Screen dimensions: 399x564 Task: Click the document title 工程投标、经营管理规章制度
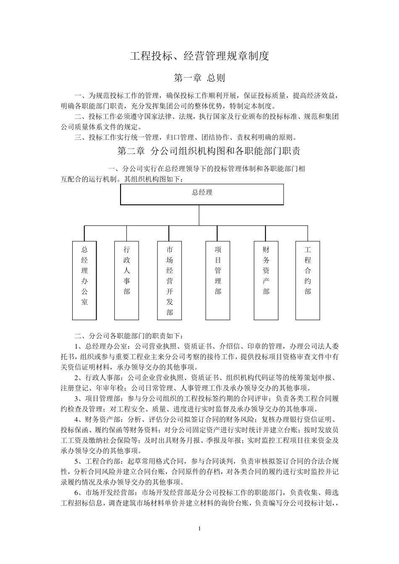pos(199,56)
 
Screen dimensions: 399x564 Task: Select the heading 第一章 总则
pos(199,78)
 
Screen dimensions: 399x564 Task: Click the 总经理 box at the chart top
pos(202,193)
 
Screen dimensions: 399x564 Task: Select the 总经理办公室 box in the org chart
pos(84,280)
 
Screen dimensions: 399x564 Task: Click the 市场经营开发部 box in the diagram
pos(170,280)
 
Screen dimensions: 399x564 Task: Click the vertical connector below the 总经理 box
pos(199,214)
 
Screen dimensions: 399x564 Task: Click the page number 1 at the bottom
pos(199,528)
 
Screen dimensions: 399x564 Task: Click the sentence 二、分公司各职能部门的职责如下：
pos(129,336)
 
